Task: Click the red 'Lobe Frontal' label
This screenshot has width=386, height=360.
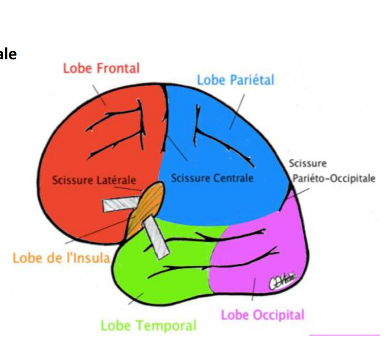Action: click(x=101, y=68)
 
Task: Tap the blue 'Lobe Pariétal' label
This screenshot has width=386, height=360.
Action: click(x=235, y=80)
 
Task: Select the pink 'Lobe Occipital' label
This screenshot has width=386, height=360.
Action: click(x=262, y=315)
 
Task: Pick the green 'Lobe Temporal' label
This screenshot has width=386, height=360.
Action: click(x=148, y=325)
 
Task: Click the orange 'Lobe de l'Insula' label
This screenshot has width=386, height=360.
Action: click(x=61, y=258)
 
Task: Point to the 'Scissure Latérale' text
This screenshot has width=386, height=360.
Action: click(x=94, y=179)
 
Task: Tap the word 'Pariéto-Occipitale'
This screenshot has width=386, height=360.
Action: click(x=334, y=178)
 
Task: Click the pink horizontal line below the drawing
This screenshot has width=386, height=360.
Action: click(x=345, y=335)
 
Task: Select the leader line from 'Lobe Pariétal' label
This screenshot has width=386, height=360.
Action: click(x=237, y=111)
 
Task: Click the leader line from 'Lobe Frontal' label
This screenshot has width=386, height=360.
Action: click(x=99, y=95)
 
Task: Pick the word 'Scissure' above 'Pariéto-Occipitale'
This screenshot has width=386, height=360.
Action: click(x=307, y=164)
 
